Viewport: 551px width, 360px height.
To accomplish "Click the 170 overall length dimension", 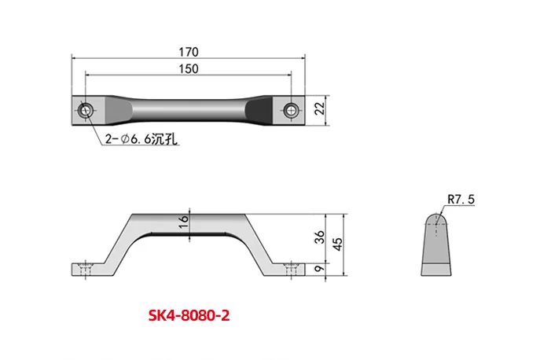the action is tap(189, 52).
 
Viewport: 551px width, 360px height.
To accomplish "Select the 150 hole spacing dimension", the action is tap(189, 69).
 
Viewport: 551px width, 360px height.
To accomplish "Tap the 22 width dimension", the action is tap(320, 108).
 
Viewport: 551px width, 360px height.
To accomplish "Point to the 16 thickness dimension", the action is tap(183, 222).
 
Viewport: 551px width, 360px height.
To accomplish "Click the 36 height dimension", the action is tap(319, 237).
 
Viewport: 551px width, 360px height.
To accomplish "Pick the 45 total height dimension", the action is tap(337, 244).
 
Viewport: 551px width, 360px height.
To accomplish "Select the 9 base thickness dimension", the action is tap(319, 269).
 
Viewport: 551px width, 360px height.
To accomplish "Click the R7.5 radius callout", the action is tap(461, 200).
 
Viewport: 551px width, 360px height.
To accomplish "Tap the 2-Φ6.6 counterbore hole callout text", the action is tap(141, 140).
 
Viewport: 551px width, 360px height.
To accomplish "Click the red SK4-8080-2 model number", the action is tap(189, 315).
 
